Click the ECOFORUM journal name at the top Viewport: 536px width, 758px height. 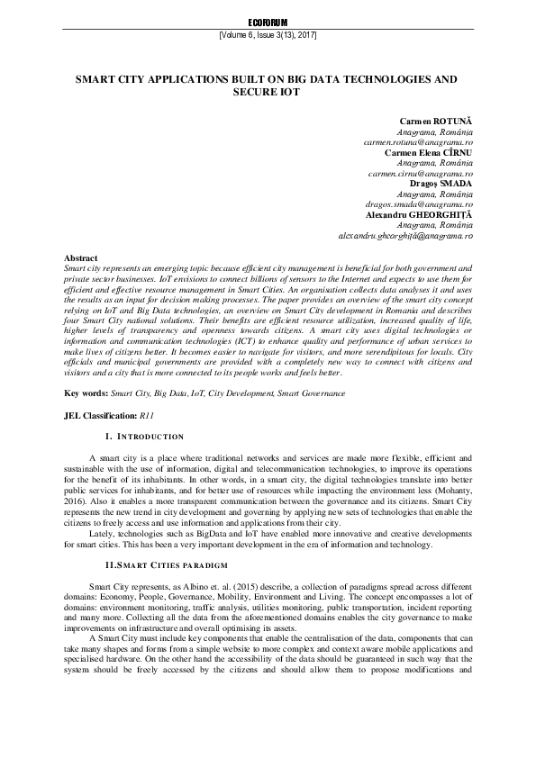[268, 21]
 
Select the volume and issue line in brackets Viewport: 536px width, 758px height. [268, 35]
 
